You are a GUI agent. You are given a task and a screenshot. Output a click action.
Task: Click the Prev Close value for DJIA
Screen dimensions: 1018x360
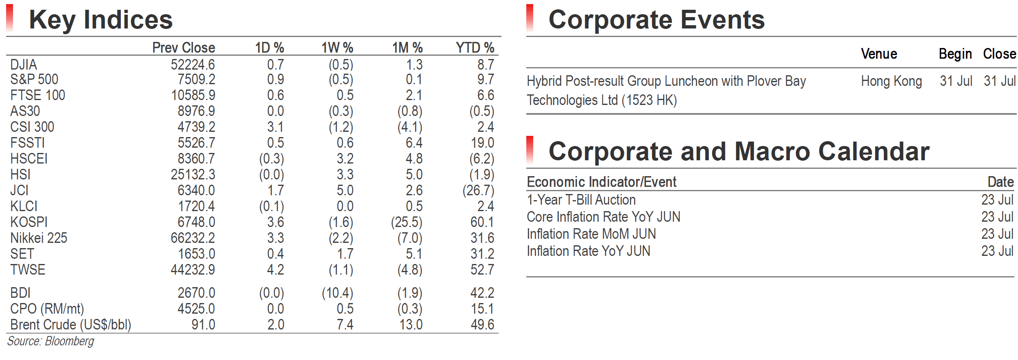tap(193, 65)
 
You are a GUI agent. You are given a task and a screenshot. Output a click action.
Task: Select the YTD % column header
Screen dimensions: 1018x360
tap(475, 48)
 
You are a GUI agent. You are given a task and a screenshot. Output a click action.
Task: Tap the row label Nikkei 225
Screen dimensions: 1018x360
tap(39, 238)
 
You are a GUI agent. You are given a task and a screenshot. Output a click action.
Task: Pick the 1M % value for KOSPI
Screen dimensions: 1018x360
tap(407, 222)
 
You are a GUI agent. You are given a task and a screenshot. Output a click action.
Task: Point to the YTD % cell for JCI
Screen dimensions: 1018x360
tap(478, 190)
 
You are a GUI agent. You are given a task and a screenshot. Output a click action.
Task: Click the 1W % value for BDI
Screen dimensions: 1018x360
tap(338, 293)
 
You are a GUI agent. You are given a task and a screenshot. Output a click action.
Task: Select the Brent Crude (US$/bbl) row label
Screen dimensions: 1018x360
tap(71, 325)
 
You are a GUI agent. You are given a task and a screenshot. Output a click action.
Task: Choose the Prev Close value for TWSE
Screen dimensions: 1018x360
tap(193, 270)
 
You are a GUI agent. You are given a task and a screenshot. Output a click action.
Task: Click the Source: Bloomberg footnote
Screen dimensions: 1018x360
tap(50, 341)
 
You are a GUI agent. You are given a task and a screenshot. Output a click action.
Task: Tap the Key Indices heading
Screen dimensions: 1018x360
tap(101, 20)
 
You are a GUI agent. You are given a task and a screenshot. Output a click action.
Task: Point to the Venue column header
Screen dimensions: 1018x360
tap(879, 54)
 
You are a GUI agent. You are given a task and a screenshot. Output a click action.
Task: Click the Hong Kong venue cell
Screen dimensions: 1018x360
tap(892, 81)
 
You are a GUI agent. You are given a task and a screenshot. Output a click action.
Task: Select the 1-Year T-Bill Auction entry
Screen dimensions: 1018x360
tap(581, 200)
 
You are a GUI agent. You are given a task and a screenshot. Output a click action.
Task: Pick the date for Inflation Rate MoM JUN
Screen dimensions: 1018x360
tap(997, 234)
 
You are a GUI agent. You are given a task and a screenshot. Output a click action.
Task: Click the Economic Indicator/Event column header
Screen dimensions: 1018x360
tap(602, 182)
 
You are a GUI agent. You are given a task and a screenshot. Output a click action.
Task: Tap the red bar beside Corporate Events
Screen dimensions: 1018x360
tap(530, 18)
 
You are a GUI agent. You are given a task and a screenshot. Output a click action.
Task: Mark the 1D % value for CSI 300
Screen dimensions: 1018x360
tap(275, 127)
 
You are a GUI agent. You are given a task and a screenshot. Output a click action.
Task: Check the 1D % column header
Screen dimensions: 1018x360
tap(270, 48)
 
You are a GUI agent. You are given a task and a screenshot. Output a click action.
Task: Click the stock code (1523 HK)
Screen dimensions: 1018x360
tap(650, 100)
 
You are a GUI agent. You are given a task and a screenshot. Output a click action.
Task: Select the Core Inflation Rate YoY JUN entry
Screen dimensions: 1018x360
tap(604, 217)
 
